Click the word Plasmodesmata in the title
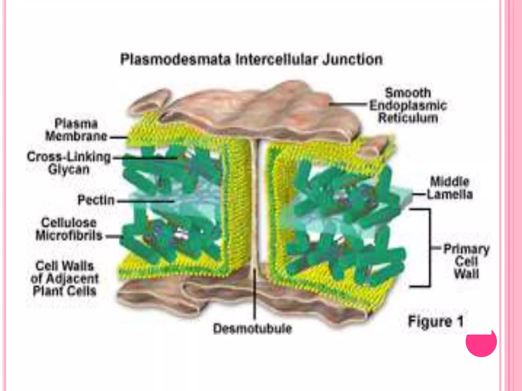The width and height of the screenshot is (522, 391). [176, 60]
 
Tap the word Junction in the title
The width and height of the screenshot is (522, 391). [353, 60]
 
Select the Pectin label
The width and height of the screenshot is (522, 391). [96, 200]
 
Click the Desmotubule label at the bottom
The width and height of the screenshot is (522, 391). [252, 328]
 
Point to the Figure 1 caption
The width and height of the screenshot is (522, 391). [436, 321]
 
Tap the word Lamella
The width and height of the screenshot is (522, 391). [450, 194]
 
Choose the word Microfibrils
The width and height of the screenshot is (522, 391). [69, 235]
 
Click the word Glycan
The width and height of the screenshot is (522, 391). [69, 170]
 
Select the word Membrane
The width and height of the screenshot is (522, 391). [76, 136]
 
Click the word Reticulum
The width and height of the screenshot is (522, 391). [408, 118]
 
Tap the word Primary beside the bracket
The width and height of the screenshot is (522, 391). [466, 249]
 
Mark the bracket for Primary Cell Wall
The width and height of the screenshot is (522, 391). [430, 248]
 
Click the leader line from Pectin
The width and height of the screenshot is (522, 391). [145, 201]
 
